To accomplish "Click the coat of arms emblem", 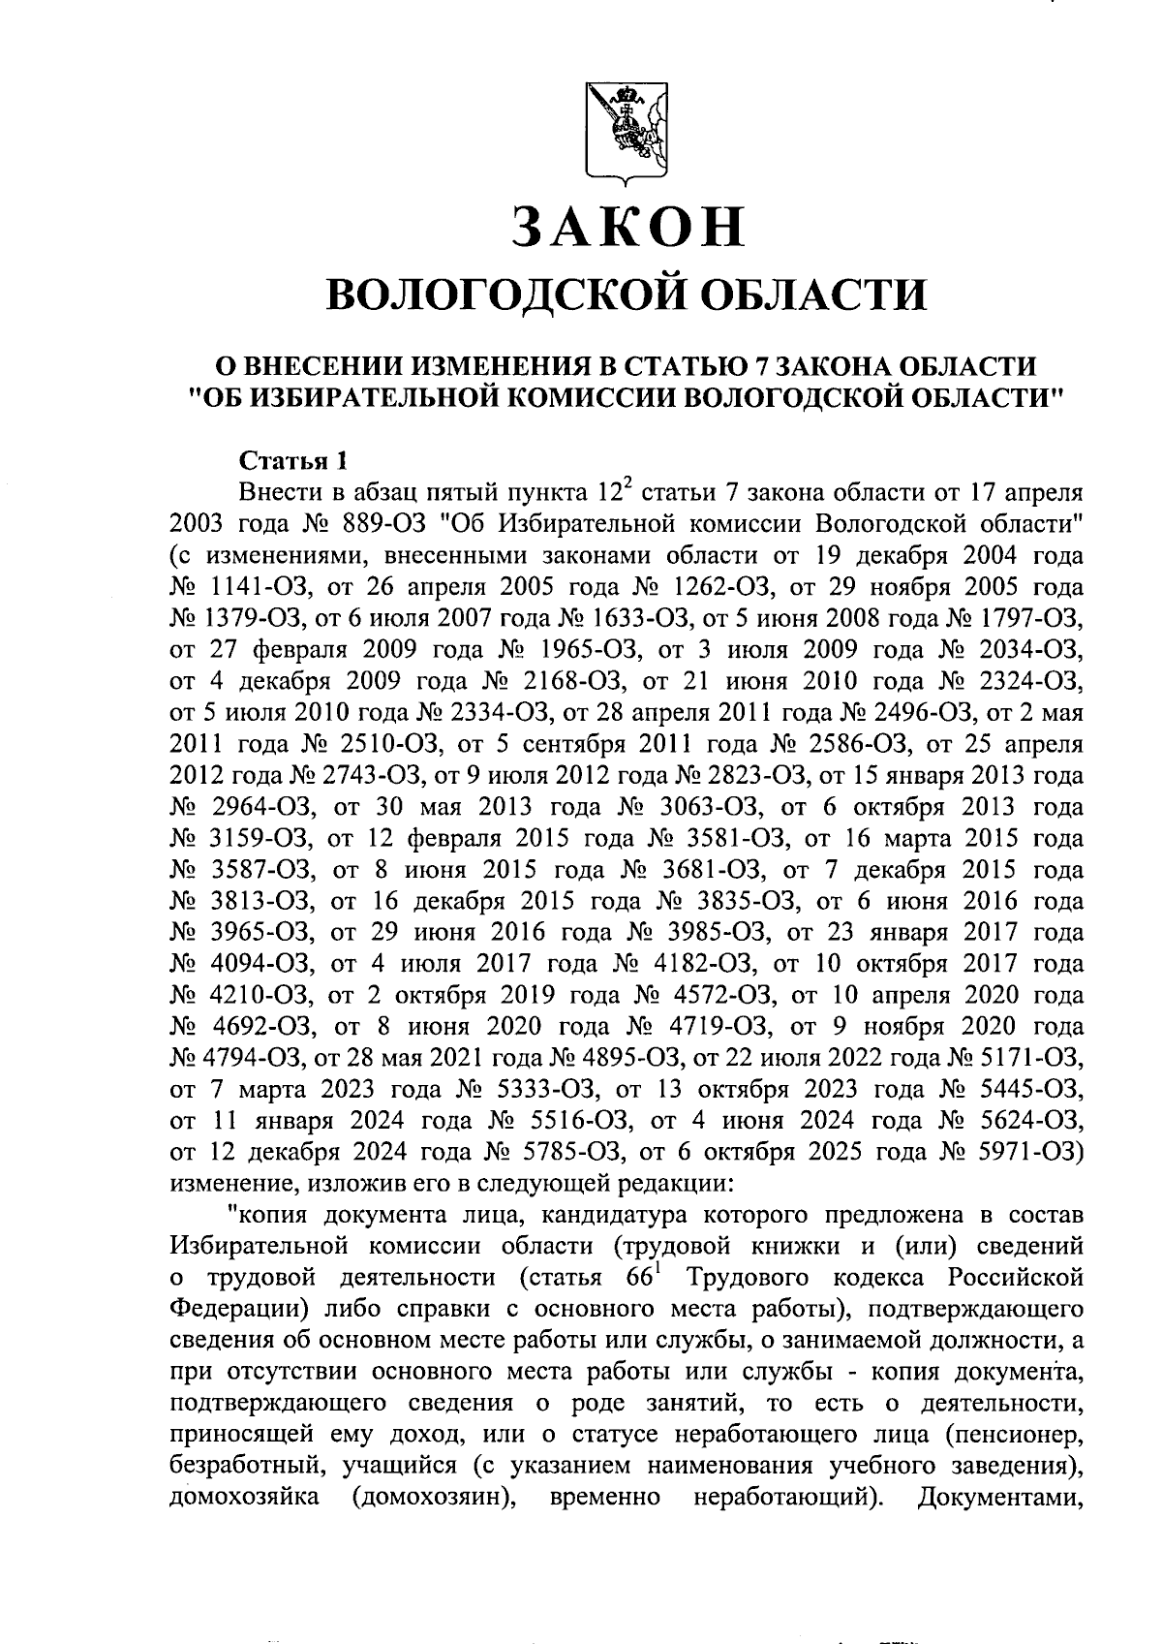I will tap(626, 132).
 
